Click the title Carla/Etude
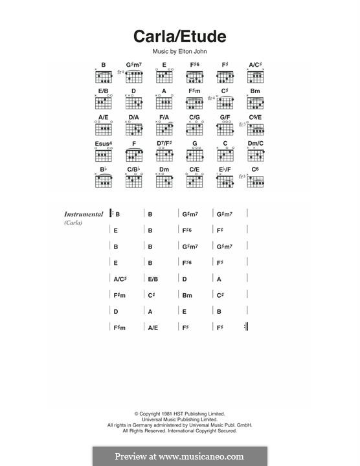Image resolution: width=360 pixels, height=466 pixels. point(180,36)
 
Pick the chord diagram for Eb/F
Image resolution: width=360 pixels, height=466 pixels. point(225,181)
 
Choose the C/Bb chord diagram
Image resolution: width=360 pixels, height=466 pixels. point(134,181)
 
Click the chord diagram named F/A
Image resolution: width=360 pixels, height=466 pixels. point(164,128)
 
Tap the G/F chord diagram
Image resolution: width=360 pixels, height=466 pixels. point(225,128)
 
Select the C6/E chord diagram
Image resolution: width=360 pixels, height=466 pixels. point(256,128)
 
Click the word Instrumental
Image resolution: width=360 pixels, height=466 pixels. point(84,214)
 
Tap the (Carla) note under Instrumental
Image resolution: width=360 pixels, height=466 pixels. point(73,223)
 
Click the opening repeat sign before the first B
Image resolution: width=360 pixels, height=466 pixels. point(111,214)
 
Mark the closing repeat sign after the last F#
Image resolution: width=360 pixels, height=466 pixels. point(246,327)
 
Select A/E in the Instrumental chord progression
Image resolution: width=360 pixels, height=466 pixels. point(153,328)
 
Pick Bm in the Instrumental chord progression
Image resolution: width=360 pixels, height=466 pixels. point(186,295)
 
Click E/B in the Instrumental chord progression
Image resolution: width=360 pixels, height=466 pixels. point(153,279)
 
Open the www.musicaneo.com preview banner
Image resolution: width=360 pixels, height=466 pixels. point(180,456)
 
